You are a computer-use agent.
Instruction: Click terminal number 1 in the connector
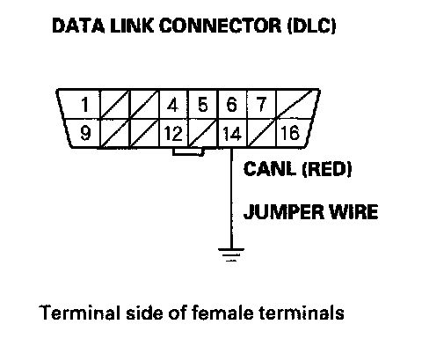tap(85, 105)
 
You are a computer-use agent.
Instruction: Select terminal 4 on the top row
tap(172, 105)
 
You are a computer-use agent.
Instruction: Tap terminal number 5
tap(203, 105)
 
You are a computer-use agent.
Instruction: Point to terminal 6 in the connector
tap(232, 105)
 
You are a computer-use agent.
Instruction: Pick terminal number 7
tap(261, 105)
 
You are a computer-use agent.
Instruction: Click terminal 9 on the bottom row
tap(85, 133)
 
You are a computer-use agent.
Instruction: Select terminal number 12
tap(173, 134)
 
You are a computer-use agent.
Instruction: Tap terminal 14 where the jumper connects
tap(232, 134)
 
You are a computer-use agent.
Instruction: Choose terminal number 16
tap(290, 133)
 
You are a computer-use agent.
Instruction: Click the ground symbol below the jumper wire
tap(231, 254)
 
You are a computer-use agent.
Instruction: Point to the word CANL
tap(269, 169)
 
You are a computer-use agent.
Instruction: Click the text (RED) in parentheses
tap(326, 169)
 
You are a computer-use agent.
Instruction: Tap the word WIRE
tap(353, 211)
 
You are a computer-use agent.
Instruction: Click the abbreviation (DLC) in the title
tap(311, 26)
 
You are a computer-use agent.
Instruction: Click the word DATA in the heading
tap(78, 26)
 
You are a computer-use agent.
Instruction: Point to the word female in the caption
tap(222, 313)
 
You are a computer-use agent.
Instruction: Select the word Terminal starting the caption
tap(80, 313)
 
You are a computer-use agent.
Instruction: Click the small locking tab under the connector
tap(188, 151)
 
